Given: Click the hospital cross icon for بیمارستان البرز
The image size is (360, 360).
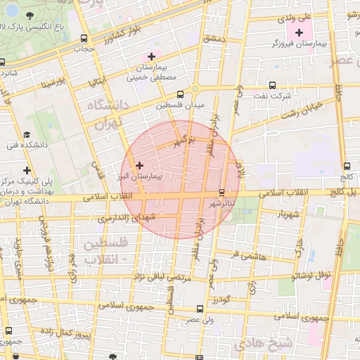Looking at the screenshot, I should (x=139, y=165).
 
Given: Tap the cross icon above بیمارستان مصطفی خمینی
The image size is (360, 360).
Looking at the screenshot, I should (x=150, y=56).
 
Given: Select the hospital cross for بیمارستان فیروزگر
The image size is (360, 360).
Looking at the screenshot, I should (x=300, y=32).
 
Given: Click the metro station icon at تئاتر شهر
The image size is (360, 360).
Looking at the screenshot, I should (x=222, y=192).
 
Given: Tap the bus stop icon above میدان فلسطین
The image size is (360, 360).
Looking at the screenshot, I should (x=180, y=93).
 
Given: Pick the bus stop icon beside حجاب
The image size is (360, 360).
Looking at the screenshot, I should (x=84, y=39).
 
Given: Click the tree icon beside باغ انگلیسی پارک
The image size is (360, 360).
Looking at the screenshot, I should (x=29, y=15).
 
